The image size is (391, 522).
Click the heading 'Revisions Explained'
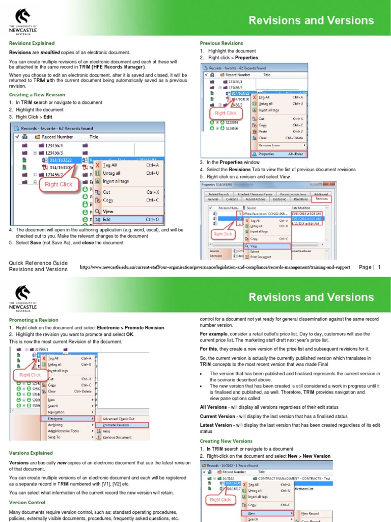point(32,43)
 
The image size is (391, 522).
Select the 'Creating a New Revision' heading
point(37,95)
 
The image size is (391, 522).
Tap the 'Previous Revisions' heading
point(221,43)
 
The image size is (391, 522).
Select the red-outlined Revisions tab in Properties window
point(322,199)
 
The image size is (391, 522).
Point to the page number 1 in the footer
point(379,267)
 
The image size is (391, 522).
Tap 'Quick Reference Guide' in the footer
point(38,263)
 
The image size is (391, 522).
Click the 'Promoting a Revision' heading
point(34,320)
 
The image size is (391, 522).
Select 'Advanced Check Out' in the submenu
point(118,419)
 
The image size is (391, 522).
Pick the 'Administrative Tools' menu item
point(64,431)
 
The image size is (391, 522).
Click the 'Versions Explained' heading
point(31,453)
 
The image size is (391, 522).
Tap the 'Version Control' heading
point(27,503)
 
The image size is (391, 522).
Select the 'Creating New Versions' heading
point(226,441)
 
